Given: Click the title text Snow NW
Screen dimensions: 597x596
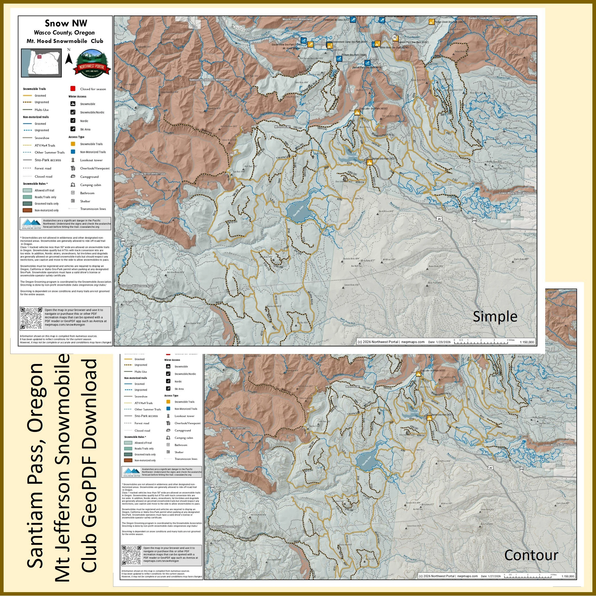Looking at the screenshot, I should [x=66, y=23].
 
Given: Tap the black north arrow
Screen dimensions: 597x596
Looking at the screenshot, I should [x=69, y=58].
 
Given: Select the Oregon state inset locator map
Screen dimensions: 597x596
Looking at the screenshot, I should [x=41, y=63].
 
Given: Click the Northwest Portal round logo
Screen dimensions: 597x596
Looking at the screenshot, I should [x=92, y=63].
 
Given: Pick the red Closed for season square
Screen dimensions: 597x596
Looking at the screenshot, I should [x=73, y=89].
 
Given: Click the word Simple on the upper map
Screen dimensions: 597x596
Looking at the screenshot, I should [x=495, y=316].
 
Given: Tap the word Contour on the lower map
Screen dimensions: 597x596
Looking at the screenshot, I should [x=531, y=555].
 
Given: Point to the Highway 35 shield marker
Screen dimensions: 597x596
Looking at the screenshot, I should [x=394, y=37].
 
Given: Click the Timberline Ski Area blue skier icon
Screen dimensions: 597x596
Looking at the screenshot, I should [x=353, y=20].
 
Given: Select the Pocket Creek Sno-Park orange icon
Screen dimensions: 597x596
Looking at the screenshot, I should [x=431, y=22].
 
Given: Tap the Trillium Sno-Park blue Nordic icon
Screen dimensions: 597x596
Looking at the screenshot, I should [x=339, y=58].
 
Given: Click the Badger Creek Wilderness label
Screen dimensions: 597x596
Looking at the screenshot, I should [x=484, y=18].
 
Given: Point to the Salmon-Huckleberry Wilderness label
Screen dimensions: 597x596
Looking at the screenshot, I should [x=209, y=80].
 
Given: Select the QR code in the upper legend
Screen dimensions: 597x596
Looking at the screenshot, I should [x=31, y=318].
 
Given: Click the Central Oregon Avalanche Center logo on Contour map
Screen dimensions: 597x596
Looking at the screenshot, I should [x=131, y=472].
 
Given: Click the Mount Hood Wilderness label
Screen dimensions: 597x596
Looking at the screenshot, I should [x=297, y=19].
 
